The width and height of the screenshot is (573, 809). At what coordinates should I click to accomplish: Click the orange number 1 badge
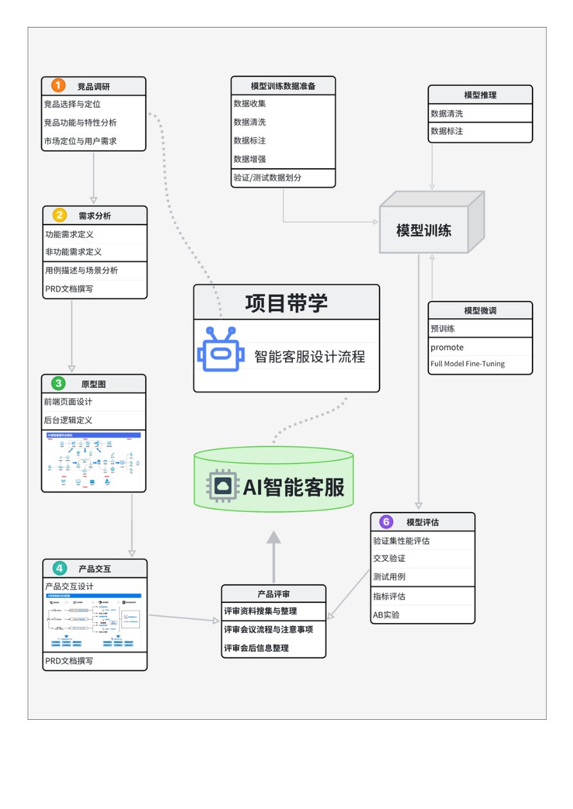click(x=58, y=85)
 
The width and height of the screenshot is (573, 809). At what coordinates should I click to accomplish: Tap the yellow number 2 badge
click(x=60, y=215)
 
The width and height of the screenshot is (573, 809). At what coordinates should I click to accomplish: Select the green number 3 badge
click(x=58, y=384)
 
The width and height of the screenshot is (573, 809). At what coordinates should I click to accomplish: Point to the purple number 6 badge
click(x=386, y=522)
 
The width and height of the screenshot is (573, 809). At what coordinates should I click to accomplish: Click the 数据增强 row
click(x=250, y=158)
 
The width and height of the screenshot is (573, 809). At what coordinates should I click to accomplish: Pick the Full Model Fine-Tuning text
click(x=468, y=364)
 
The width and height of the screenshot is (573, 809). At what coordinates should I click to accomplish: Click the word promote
click(x=447, y=347)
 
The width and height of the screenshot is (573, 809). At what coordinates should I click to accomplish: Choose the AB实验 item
click(x=386, y=615)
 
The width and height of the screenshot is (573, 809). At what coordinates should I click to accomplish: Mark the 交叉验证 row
click(x=389, y=559)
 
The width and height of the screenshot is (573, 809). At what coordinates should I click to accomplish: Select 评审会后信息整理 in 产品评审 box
click(x=256, y=648)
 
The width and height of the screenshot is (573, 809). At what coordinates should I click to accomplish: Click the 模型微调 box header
click(x=480, y=310)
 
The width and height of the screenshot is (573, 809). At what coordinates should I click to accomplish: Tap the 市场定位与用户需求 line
click(x=80, y=141)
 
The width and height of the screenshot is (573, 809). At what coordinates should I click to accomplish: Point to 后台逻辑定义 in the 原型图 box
click(x=69, y=420)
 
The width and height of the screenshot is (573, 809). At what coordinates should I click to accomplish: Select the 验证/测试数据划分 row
click(x=267, y=178)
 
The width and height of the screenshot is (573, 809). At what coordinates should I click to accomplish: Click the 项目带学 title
click(x=286, y=302)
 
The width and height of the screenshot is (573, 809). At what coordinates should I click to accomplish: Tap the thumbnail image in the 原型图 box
click(x=94, y=460)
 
